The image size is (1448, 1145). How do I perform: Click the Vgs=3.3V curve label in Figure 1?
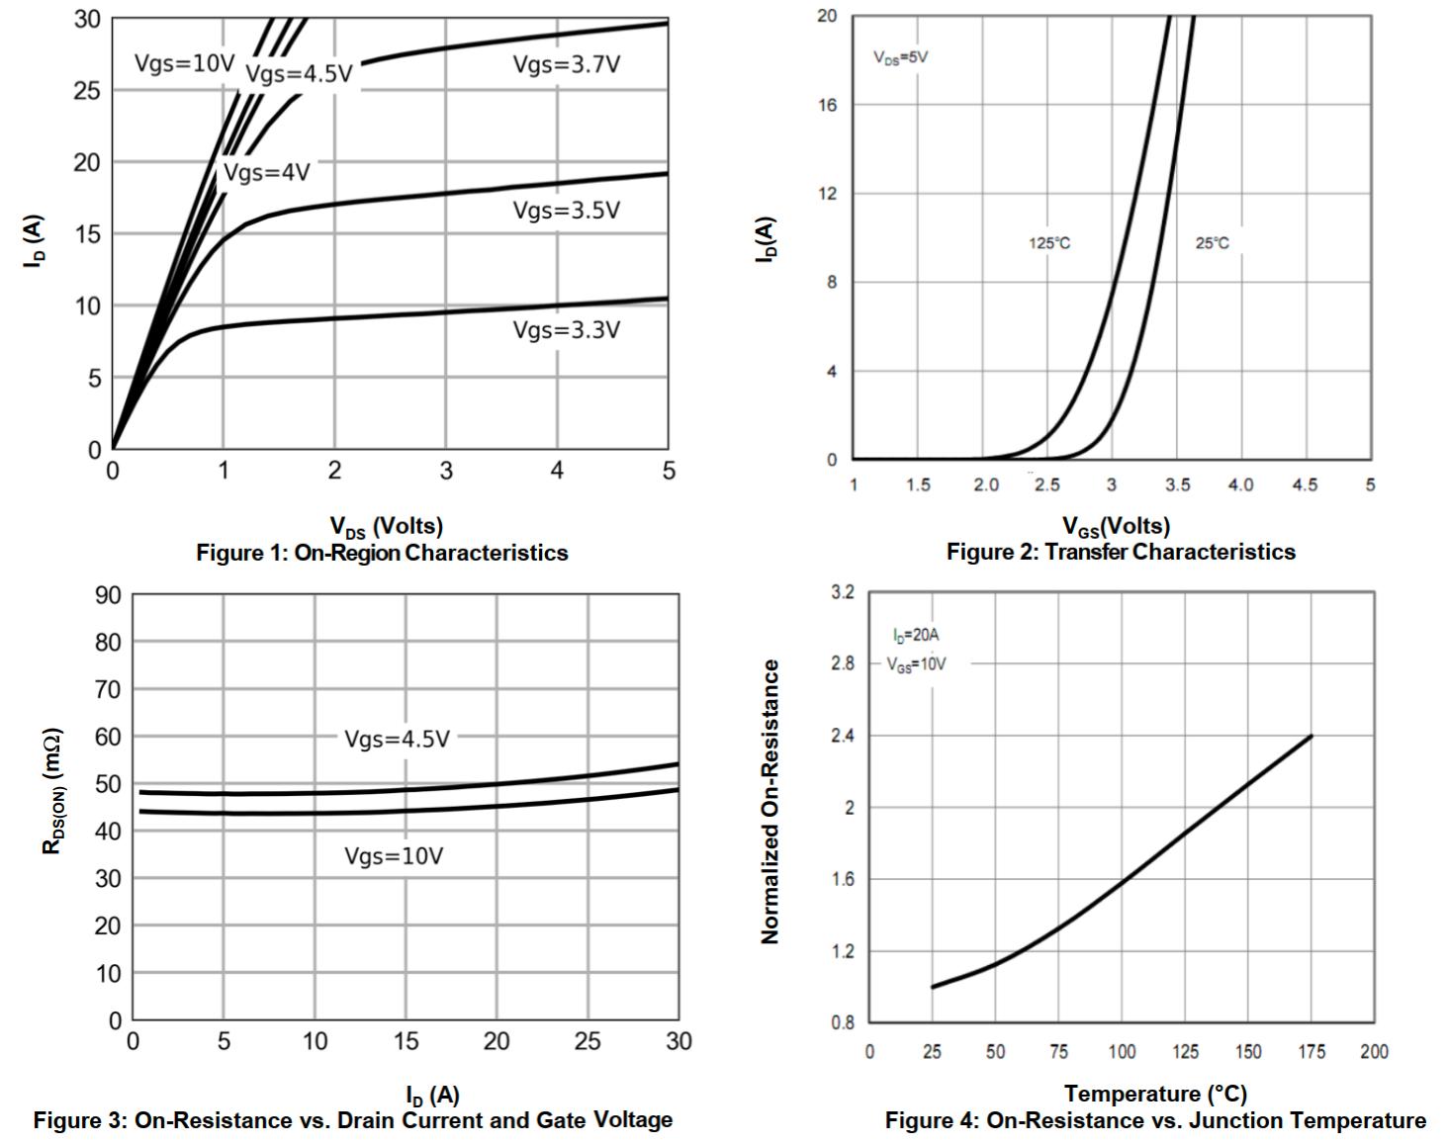pos(566,330)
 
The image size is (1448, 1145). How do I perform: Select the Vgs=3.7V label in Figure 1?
pos(566,65)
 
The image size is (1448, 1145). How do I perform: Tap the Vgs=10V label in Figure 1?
pos(185,65)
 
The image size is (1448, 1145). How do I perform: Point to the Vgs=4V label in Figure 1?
pos(266,173)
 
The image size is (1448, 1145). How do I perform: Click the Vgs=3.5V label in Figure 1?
pos(566,211)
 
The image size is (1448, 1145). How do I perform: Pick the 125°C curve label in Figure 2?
pos(1048,243)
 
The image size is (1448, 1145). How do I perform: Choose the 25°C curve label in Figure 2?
pos(1212,243)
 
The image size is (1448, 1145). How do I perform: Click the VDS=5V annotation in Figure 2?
pos(900,57)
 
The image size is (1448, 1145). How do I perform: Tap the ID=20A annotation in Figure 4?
pos(916,635)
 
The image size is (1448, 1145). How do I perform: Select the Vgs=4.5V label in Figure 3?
pos(397,739)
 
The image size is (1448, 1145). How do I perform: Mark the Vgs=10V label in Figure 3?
pos(394,856)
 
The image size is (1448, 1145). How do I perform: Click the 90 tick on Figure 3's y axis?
pos(108,595)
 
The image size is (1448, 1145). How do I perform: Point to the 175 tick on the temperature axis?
pos(1312,1051)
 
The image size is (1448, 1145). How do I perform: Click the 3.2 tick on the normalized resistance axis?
pos(843,592)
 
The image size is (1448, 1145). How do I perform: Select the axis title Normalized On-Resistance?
pos(770,802)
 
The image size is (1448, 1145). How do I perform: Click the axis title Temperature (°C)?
pos(1155,1094)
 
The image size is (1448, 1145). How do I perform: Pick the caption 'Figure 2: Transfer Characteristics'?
pos(1121,552)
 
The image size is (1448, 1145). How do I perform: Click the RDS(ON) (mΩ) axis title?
pos(53,791)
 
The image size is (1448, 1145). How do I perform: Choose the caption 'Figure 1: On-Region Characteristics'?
pos(382,553)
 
